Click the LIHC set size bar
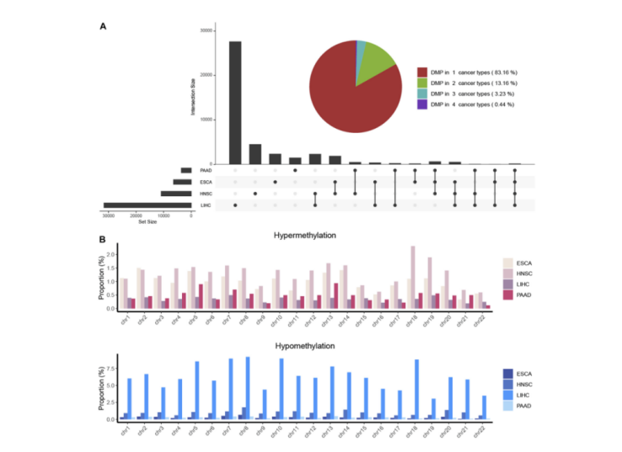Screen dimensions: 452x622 (x=147, y=205)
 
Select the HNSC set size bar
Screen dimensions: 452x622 (x=177, y=193)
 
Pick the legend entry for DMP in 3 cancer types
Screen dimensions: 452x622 (x=459, y=93)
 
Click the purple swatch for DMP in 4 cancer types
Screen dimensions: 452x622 (x=421, y=104)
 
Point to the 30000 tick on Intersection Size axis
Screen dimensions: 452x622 (x=206, y=31)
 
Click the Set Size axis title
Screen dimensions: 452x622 (x=148, y=223)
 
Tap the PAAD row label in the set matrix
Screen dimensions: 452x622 (x=206, y=169)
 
